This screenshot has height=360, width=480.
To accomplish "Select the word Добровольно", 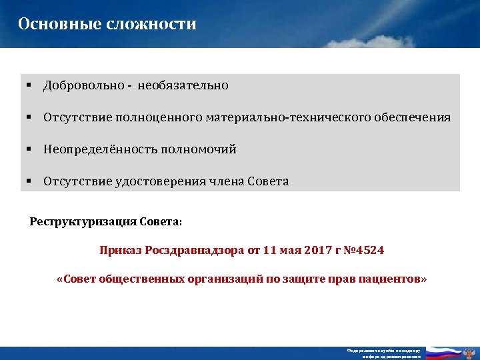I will pyautogui.click(x=82, y=85).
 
